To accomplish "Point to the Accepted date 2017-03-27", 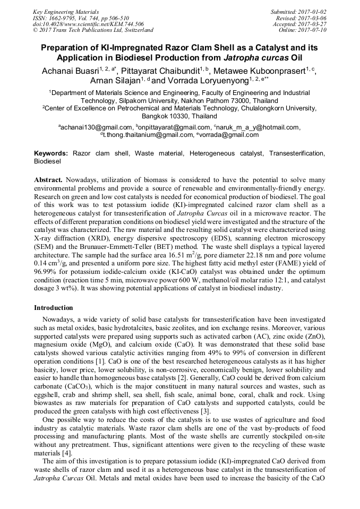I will [x=314, y=24].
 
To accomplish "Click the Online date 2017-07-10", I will [x=314, y=30].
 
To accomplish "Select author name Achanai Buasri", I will [x=70, y=70].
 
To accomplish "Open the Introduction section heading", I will [x=53, y=308].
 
